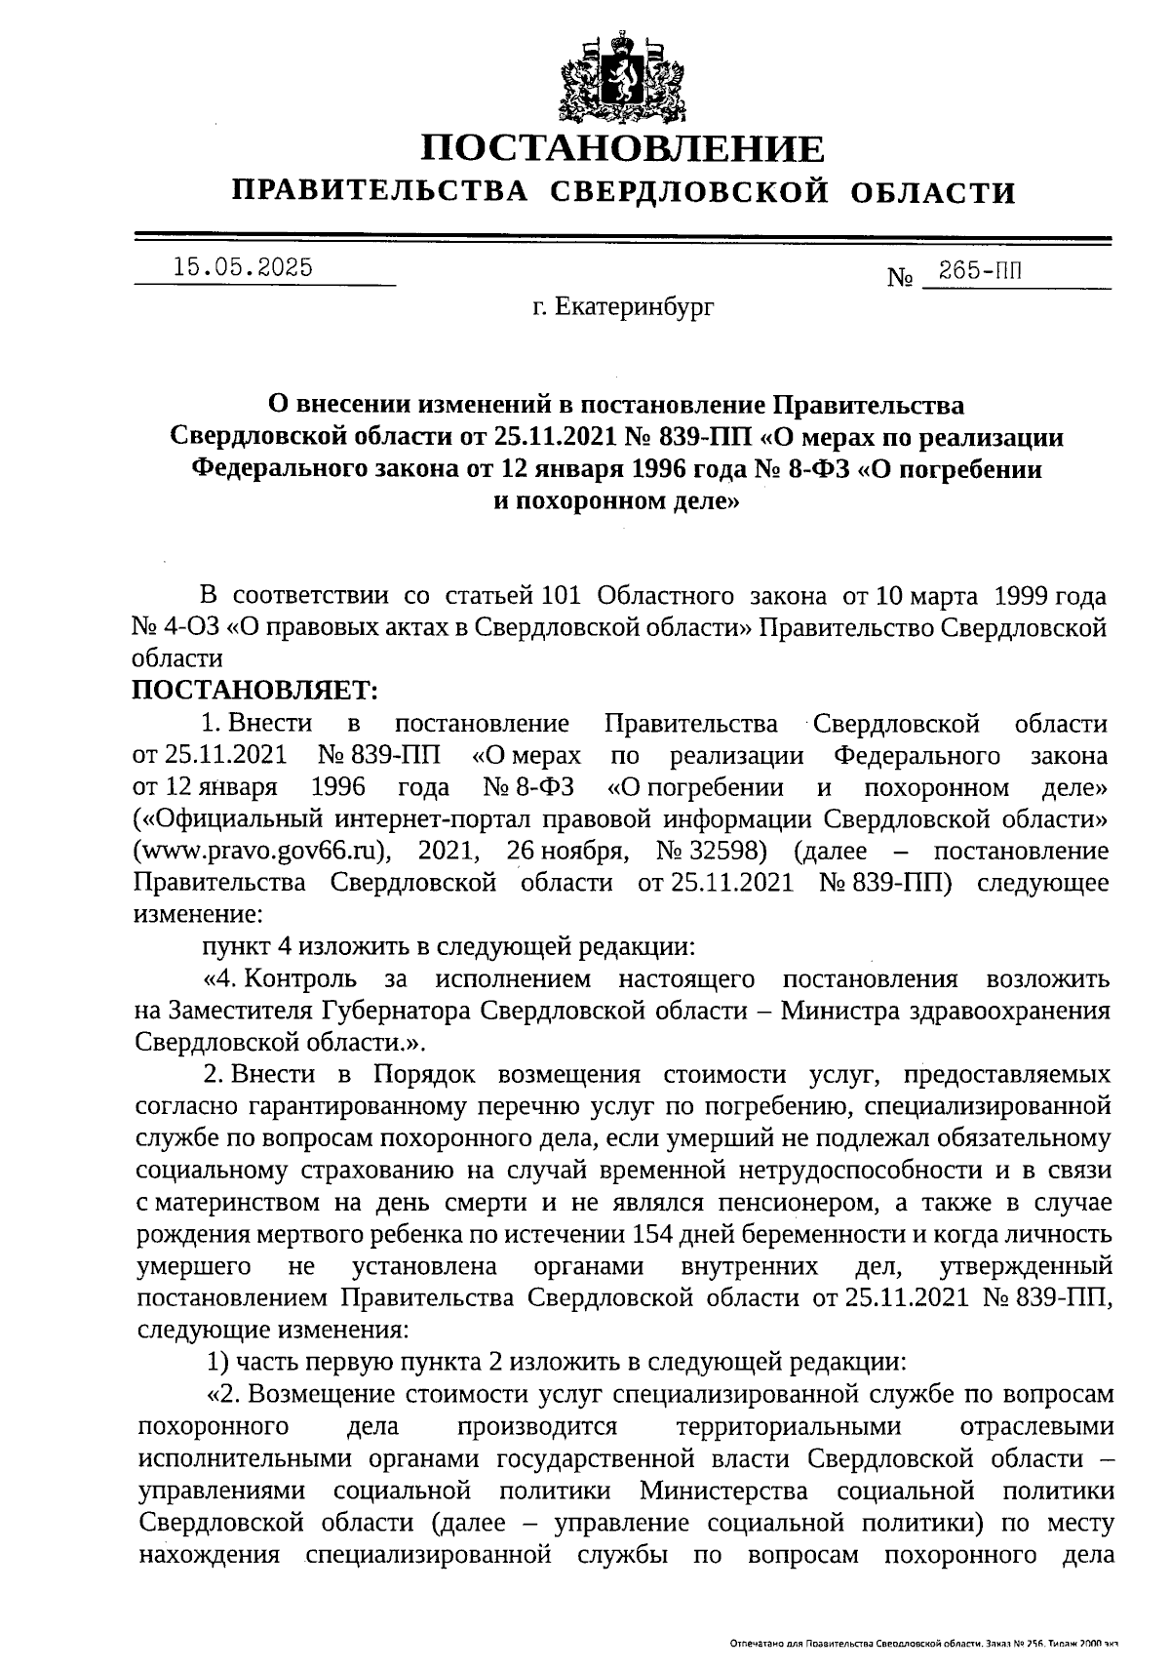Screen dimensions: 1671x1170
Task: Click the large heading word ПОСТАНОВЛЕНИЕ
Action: tap(622, 148)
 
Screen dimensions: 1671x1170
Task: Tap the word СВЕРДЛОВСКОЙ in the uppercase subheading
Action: tap(685, 192)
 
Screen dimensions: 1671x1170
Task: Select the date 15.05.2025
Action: tap(242, 266)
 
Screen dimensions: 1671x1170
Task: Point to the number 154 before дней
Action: tap(653, 1234)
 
